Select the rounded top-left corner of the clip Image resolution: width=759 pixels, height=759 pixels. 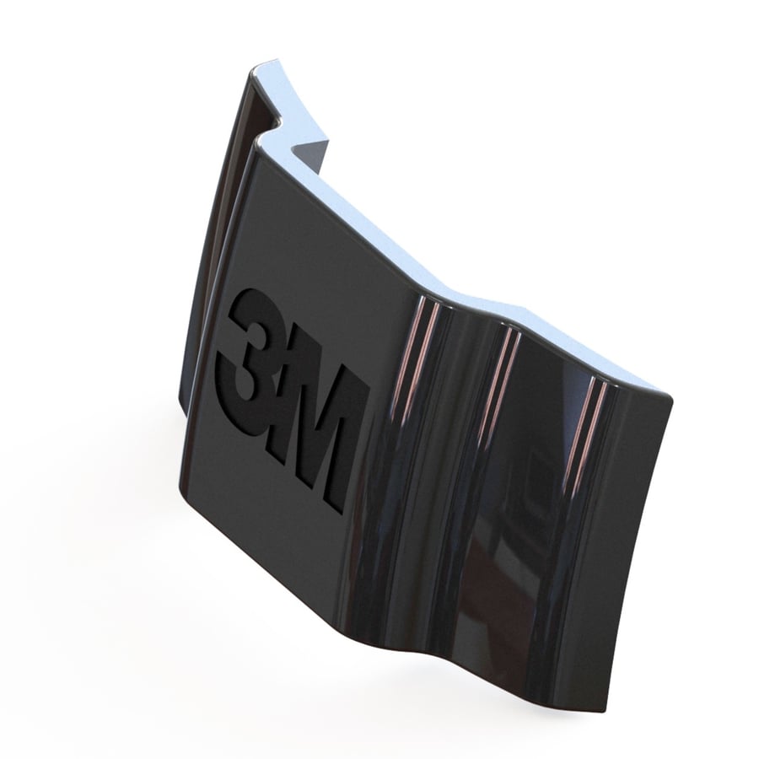pos(254,73)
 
